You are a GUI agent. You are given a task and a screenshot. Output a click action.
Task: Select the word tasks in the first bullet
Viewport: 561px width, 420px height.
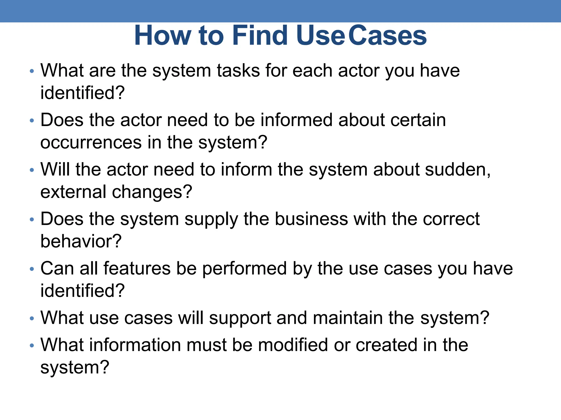click(x=238, y=71)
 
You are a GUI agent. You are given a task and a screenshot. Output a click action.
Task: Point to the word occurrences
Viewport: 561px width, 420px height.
click(x=91, y=142)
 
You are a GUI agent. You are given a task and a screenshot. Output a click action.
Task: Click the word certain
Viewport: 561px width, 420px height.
click(x=418, y=120)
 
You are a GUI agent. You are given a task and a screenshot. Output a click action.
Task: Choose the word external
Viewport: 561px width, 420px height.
click(x=73, y=192)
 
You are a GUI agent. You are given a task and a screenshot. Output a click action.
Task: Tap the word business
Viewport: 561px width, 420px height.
click(x=311, y=219)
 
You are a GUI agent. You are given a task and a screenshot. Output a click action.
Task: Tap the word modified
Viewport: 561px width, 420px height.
click(x=293, y=345)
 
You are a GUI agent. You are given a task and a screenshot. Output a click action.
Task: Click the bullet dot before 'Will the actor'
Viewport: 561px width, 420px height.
click(x=32, y=170)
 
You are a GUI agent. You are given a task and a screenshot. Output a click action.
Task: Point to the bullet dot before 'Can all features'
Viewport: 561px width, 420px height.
click(x=32, y=269)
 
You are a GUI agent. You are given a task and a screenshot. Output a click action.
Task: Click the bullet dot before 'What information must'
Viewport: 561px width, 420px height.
click(x=32, y=346)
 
